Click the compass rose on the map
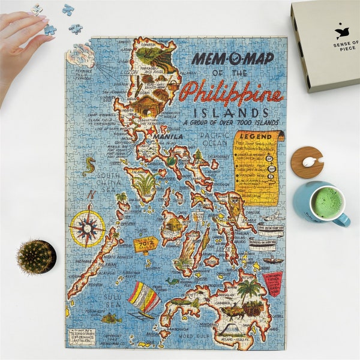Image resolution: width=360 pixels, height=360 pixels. [x=87, y=227]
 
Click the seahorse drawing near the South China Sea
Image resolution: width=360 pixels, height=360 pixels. [x=89, y=166]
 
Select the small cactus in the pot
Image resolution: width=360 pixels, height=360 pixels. [x=36, y=256]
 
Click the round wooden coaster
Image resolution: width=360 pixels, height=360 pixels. [x=307, y=162]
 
